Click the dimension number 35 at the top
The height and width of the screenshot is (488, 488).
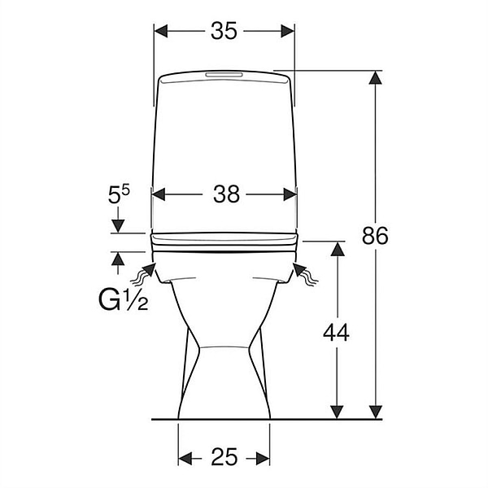(224, 31)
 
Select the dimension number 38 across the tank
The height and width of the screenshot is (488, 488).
(226, 194)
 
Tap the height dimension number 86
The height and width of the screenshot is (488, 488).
(375, 235)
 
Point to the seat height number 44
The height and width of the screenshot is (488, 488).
(336, 333)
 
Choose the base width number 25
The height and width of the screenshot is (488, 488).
(224, 457)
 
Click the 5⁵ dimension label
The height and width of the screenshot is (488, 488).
(119, 194)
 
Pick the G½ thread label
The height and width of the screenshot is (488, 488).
(124, 299)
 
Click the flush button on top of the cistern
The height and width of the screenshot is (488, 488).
(224, 75)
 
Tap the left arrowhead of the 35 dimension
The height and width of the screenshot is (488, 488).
(161, 31)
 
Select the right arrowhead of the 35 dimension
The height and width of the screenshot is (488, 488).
(288, 31)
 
